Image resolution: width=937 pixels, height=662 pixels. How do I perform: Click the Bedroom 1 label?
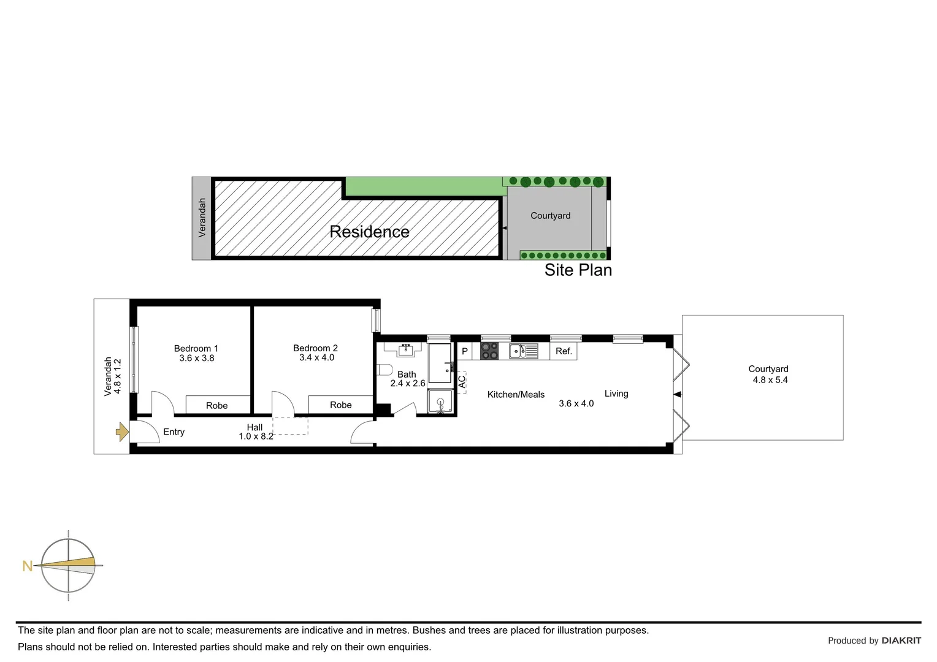(x=196, y=348)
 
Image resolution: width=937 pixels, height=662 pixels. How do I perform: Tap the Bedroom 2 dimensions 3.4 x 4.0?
(x=316, y=358)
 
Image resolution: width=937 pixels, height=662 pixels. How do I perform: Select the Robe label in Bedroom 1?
(x=216, y=406)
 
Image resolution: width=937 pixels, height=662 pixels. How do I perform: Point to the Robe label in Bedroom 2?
(x=340, y=405)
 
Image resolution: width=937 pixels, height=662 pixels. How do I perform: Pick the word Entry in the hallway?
(x=174, y=432)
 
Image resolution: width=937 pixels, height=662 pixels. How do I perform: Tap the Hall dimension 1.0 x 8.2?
(x=256, y=436)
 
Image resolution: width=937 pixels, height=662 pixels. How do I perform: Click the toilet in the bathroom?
(x=384, y=370)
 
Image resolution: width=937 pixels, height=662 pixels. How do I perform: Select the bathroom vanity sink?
(x=405, y=350)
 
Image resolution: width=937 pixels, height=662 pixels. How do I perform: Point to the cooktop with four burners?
(x=489, y=351)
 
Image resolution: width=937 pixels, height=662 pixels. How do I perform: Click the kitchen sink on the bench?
(x=517, y=351)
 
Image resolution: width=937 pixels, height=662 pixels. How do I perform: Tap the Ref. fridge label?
(x=564, y=351)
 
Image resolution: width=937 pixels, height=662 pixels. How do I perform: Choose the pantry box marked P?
(x=465, y=351)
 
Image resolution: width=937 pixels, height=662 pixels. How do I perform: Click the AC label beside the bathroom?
(x=462, y=382)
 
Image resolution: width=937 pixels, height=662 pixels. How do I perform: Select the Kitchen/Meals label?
(x=516, y=395)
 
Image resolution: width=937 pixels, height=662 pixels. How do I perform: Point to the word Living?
(x=616, y=394)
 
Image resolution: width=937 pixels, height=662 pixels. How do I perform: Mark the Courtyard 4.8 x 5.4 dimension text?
(x=770, y=380)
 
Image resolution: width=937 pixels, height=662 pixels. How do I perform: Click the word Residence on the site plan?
(x=369, y=232)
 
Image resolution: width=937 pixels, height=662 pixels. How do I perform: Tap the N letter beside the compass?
(x=27, y=566)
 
